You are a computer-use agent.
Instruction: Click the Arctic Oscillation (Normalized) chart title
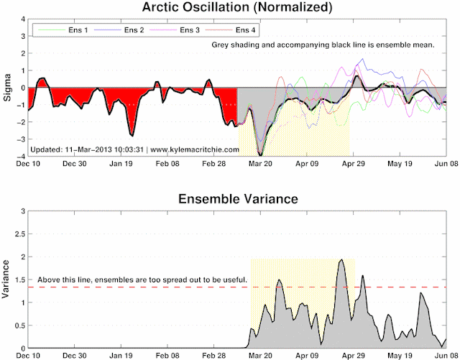click(x=237, y=7)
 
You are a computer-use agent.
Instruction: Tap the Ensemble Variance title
click(x=238, y=199)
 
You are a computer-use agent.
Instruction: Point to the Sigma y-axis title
click(x=7, y=88)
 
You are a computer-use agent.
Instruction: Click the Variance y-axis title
click(x=6, y=279)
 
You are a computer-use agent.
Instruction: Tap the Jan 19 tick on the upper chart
click(x=121, y=163)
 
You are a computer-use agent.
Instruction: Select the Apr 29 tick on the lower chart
click(x=353, y=356)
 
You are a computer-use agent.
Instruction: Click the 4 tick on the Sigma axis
click(x=23, y=19)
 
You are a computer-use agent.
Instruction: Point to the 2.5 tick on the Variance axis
click(x=20, y=234)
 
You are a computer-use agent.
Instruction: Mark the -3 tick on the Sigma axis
click(x=21, y=139)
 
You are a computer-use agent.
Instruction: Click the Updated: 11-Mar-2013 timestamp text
click(x=87, y=149)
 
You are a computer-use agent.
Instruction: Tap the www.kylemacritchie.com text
click(x=195, y=149)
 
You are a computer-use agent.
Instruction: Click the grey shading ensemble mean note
click(x=323, y=45)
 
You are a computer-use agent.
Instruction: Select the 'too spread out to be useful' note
click(x=142, y=280)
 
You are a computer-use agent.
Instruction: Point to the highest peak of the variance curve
click(x=341, y=259)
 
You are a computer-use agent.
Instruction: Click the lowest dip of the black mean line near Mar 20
click(x=260, y=154)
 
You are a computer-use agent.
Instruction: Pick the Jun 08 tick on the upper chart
click(x=446, y=163)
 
